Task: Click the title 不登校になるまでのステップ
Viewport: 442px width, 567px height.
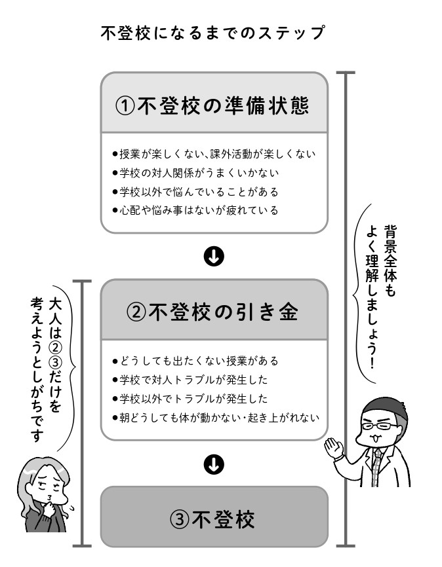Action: (212, 33)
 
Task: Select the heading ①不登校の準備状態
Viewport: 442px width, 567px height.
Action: (212, 106)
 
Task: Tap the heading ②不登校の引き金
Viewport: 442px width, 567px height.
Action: (212, 312)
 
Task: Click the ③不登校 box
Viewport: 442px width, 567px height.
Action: (214, 517)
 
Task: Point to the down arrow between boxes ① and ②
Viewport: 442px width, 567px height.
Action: (214, 257)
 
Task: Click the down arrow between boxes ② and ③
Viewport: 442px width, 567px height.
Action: (214, 464)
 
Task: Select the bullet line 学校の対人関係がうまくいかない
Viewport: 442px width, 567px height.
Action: (195, 173)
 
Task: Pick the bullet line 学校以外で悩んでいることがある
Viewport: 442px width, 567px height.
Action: (195, 192)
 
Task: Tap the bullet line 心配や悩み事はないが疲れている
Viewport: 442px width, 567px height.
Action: (195, 210)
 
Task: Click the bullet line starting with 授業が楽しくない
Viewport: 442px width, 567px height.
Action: (214, 154)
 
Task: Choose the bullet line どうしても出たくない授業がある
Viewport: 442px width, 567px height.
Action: (195, 361)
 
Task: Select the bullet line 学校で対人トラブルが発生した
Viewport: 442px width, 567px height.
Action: (190, 380)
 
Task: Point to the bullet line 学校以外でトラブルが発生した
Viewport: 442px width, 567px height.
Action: (190, 399)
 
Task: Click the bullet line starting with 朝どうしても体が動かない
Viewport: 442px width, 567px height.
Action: (216, 418)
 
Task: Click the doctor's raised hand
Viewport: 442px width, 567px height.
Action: (334, 448)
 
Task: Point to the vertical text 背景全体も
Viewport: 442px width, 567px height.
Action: (390, 261)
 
